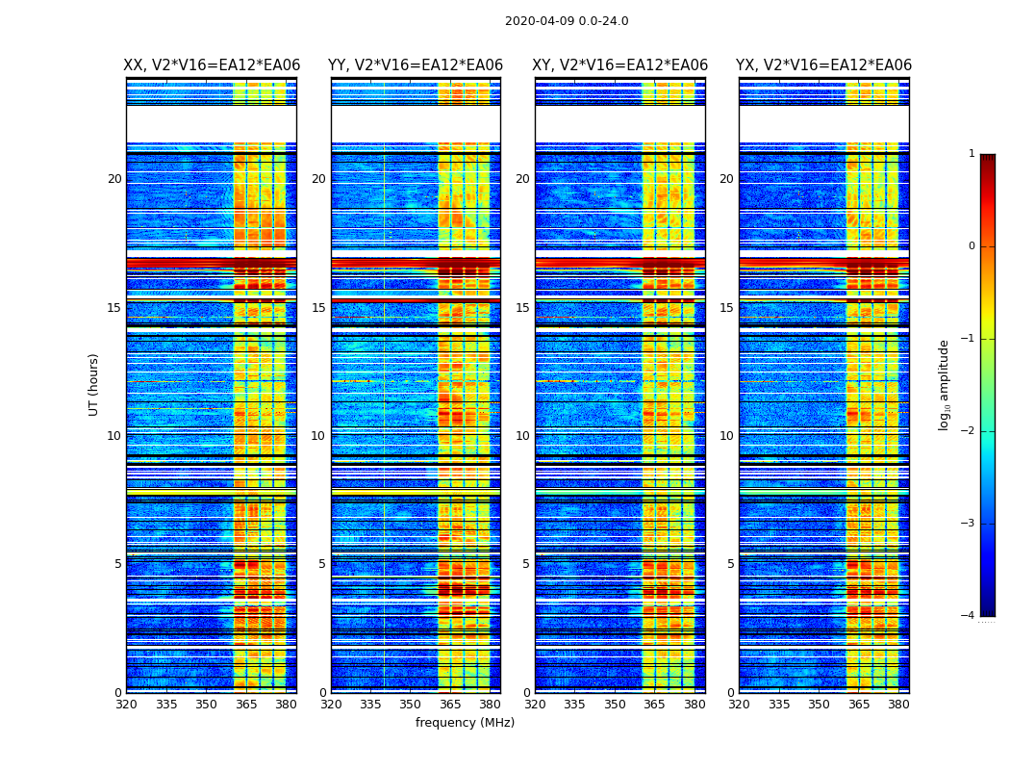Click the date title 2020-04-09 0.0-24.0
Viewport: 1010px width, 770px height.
[x=567, y=21]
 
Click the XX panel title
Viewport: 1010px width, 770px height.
[x=212, y=65]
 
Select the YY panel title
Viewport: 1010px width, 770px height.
[x=416, y=65]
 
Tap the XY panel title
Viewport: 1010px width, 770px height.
[x=620, y=65]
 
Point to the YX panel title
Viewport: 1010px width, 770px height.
[x=823, y=65]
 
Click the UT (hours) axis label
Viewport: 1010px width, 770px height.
[x=94, y=384]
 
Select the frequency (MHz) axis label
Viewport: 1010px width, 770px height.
[x=465, y=723]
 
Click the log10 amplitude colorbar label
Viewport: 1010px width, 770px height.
[x=945, y=384]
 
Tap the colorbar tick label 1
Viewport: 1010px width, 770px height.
[x=972, y=154]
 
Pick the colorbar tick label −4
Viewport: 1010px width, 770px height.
[x=969, y=616]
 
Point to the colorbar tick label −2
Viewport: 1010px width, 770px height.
[x=969, y=431]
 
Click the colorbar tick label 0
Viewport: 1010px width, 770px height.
[x=972, y=246]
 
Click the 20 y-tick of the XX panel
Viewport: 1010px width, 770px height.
[x=114, y=179]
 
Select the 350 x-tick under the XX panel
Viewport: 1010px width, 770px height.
[x=206, y=705]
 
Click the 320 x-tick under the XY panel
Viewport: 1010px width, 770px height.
[x=535, y=705]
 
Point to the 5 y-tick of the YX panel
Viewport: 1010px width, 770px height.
[x=730, y=564]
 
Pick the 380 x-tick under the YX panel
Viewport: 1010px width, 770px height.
[x=898, y=705]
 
